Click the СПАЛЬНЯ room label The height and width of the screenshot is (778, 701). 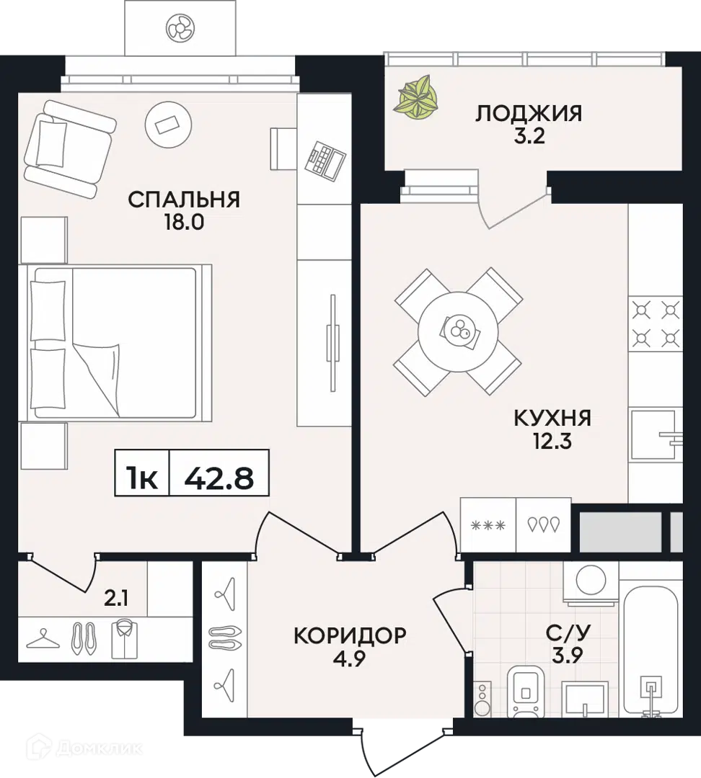(x=184, y=200)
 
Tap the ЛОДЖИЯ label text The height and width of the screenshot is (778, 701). (x=529, y=113)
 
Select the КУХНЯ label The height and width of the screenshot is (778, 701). (x=552, y=418)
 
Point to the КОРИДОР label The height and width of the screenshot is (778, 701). (x=350, y=636)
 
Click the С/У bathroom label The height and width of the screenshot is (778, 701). (x=568, y=633)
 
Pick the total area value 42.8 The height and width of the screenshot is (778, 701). (x=219, y=477)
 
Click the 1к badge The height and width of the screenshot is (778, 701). (x=142, y=477)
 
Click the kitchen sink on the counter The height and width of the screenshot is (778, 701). (x=656, y=435)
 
